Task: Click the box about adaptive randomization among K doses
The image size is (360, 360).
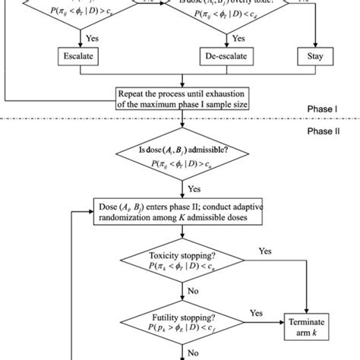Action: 180,212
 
